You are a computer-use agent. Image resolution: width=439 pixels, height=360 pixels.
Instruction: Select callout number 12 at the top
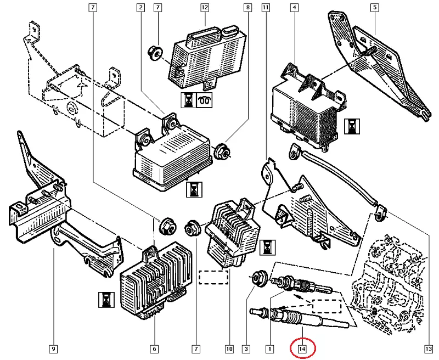point(205,8)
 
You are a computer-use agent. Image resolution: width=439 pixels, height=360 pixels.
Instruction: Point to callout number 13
point(429,348)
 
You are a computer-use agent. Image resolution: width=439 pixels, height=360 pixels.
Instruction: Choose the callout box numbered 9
point(53,348)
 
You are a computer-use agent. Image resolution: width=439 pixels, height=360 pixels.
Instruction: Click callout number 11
point(266,8)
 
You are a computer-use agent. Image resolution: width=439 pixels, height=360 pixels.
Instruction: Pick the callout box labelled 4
point(295,8)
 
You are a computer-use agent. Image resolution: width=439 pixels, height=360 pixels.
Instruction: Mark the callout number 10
point(229,348)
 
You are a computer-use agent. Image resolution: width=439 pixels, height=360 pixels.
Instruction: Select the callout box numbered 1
point(269,348)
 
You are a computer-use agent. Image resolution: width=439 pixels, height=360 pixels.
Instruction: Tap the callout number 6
point(154,348)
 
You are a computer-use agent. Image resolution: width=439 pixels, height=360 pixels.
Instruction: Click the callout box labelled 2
point(141,8)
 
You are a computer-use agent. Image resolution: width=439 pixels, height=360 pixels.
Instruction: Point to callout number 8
point(247,8)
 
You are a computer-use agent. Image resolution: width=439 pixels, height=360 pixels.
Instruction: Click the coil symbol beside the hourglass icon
point(206,100)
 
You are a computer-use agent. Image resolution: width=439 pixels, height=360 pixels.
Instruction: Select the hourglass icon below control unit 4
point(350,128)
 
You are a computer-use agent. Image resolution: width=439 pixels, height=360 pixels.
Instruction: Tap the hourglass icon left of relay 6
point(104,300)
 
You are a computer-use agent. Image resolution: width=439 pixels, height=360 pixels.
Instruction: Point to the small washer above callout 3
point(257,275)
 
